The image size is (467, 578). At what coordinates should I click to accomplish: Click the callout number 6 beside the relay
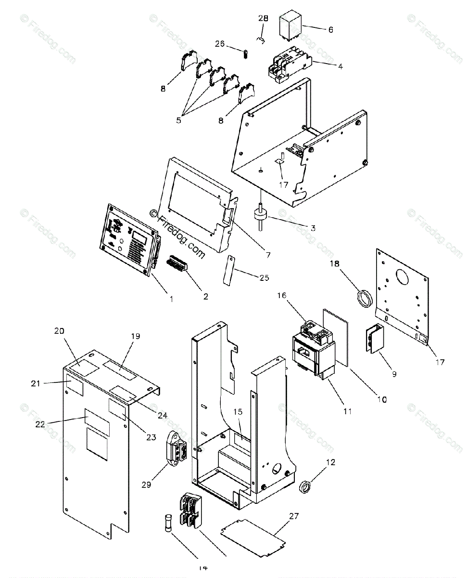[x=330, y=30]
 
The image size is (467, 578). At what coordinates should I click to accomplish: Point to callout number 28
[x=263, y=19]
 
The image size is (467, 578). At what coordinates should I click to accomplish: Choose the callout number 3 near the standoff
[x=313, y=227]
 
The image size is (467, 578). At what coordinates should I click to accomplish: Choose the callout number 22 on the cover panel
[x=40, y=424]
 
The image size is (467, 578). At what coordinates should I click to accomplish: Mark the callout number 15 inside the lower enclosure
[x=238, y=412]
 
